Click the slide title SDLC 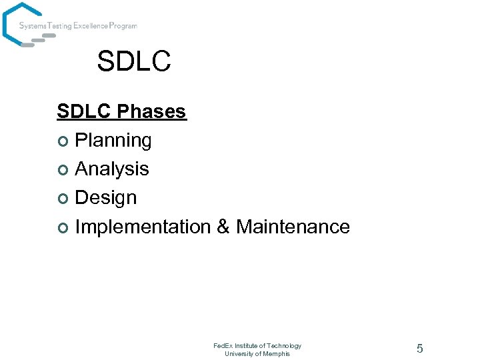click(x=134, y=61)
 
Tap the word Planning click(x=113, y=141)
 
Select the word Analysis click(x=112, y=169)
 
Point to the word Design click(x=106, y=198)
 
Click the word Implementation click(x=143, y=227)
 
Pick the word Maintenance click(x=293, y=227)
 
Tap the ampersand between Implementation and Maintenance click(x=223, y=227)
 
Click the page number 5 click(x=419, y=348)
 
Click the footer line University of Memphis click(x=257, y=353)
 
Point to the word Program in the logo click(x=123, y=26)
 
